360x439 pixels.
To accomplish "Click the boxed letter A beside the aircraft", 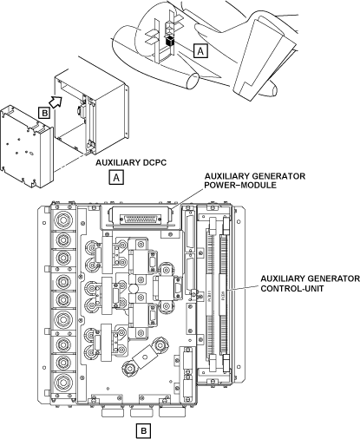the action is tap(200, 51).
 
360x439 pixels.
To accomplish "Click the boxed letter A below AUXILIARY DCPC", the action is tap(116, 177).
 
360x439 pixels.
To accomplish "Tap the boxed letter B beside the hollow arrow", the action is tap(44, 113).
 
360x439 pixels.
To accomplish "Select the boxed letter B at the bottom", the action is tap(143, 431).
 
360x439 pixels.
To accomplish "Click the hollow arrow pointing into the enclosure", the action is tap(56, 102).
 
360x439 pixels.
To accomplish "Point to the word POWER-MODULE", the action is tap(240, 186).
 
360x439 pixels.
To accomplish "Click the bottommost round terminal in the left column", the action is tap(62, 382).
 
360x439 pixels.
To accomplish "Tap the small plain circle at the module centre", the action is tap(134, 288).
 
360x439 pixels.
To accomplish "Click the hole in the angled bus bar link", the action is tap(145, 356).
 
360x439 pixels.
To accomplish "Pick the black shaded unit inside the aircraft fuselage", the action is tap(169, 41).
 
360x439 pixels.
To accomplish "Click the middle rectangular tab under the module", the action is tap(141, 412).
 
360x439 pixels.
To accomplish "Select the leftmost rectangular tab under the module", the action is tap(113, 412).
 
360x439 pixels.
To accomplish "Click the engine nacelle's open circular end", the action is tap(192, 81).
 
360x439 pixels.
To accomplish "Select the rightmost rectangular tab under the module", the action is tap(172, 412).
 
